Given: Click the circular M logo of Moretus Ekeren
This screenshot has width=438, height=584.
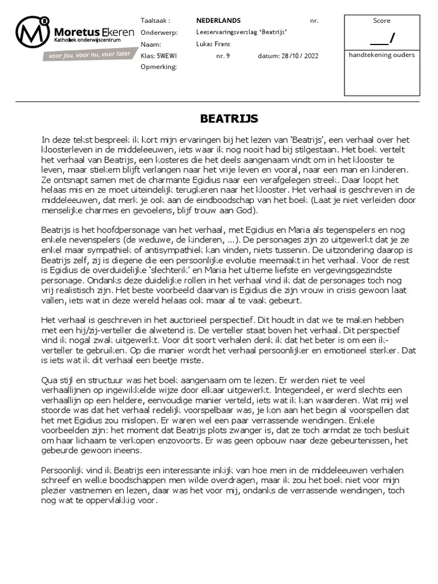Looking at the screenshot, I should pyautogui.click(x=33, y=34).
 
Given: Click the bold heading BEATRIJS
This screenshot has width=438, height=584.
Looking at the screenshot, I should pyautogui.click(x=229, y=119).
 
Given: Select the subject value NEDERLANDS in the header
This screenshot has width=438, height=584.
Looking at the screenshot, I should pyautogui.click(x=218, y=21).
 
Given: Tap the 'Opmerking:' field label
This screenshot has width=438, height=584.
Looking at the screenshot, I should pyautogui.click(x=159, y=67).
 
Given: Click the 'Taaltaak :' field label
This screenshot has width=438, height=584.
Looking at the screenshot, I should pyautogui.click(x=155, y=21).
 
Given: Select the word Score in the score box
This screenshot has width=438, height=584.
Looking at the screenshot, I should pyautogui.click(x=382, y=21).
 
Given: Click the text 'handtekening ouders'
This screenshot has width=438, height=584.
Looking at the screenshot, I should pyautogui.click(x=382, y=55).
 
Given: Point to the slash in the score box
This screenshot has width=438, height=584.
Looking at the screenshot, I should pyautogui.click(x=391, y=38).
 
